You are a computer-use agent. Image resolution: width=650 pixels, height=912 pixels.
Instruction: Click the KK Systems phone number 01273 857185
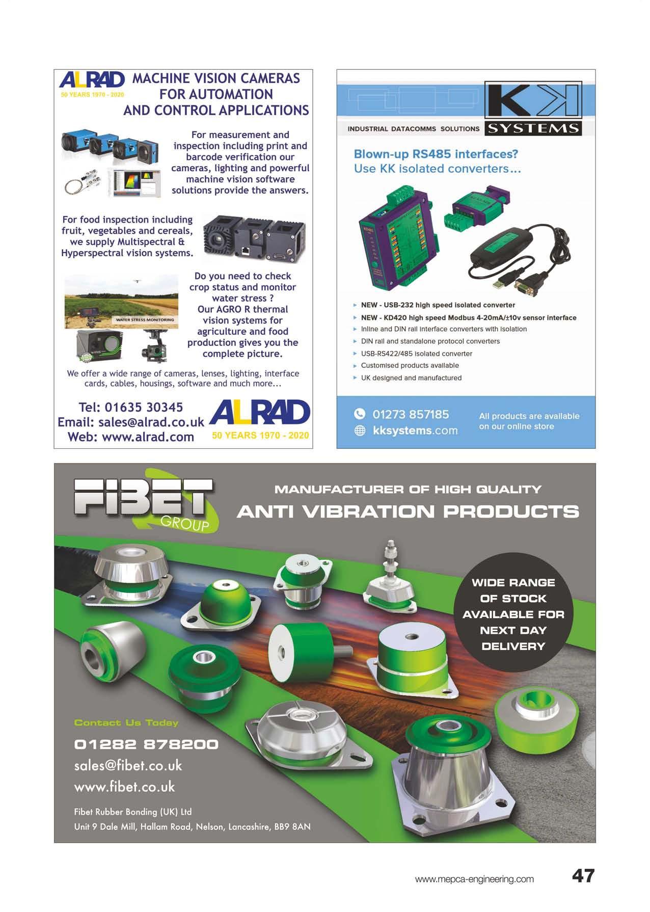click(411, 414)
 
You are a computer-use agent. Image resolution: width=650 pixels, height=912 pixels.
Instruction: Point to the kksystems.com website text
click(415, 431)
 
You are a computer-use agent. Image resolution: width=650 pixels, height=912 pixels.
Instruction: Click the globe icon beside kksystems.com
click(360, 431)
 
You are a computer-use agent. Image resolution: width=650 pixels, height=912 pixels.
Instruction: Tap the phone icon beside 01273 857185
click(360, 414)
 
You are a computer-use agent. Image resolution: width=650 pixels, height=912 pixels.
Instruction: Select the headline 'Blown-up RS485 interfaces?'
click(436, 154)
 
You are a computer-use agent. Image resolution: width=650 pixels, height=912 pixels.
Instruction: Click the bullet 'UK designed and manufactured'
click(411, 378)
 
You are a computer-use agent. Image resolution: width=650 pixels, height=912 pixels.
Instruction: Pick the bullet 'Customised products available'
click(410, 366)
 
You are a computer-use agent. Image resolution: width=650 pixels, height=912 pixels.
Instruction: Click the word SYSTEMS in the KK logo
click(533, 128)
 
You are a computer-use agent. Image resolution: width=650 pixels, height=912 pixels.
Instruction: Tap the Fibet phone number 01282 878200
click(146, 744)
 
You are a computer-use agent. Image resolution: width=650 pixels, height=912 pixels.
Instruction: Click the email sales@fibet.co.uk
click(128, 766)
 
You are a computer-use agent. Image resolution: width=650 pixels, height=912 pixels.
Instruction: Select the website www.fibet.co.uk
click(124, 787)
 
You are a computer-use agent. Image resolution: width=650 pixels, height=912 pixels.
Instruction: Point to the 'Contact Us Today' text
click(126, 723)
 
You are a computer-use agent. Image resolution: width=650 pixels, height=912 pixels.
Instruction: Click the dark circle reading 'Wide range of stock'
click(513, 614)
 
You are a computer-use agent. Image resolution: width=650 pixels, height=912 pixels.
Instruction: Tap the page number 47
click(583, 876)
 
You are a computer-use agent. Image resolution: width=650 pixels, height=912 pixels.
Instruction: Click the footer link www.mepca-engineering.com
click(474, 879)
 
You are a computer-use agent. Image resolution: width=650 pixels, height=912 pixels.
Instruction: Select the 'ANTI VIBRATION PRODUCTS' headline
click(408, 512)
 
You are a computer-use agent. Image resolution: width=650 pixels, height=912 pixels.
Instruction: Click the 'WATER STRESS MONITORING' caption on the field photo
click(145, 320)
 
